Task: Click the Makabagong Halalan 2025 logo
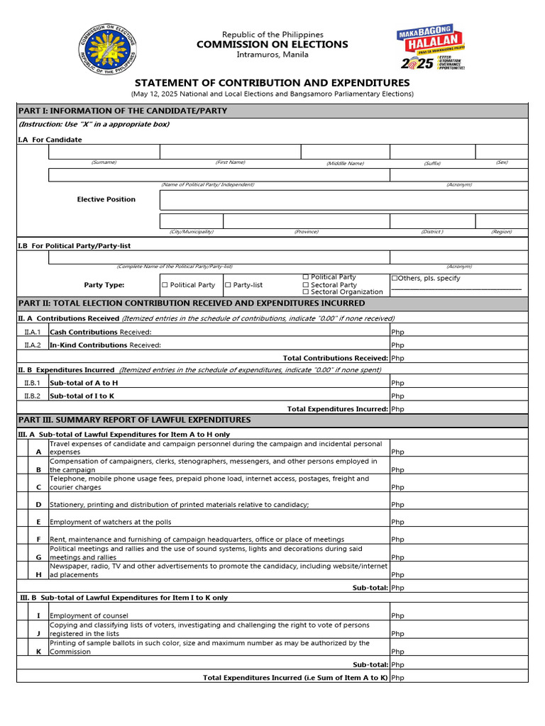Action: pos(430,49)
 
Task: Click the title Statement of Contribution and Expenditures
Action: pos(272,83)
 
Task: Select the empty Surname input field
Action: pos(104,152)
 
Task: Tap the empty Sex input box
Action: pos(501,152)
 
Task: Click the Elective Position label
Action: pos(106,199)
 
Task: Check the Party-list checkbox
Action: pos(229,285)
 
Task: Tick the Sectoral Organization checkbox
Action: pos(306,292)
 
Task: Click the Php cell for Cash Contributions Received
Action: pos(458,332)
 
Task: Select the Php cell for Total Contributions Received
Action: pos(458,358)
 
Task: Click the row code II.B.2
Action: pos(32,396)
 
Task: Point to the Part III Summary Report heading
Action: pos(135,420)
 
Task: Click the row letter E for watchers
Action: pos(38,522)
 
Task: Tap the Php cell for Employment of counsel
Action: pos(458,615)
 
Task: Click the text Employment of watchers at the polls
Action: pos(110,522)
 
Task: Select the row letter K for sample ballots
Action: pos(38,651)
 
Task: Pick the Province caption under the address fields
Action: pos(306,232)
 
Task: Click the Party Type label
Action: pos(104,285)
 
